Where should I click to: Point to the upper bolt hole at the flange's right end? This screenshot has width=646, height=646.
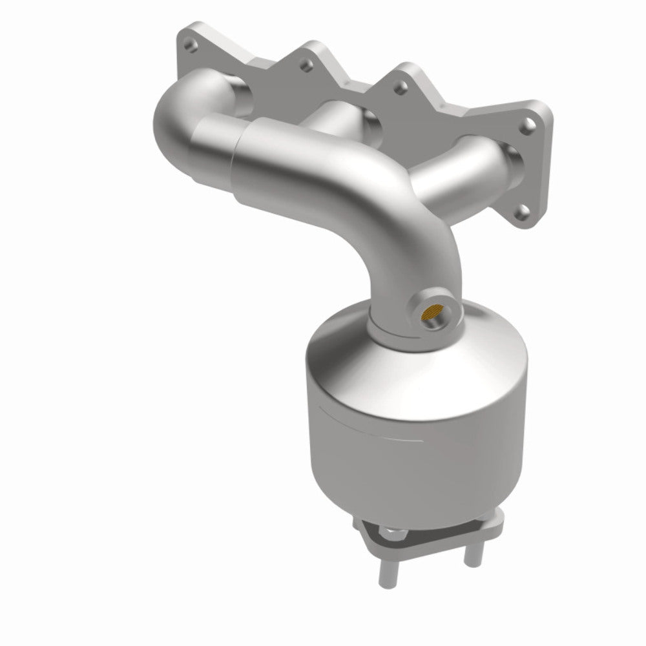[x=529, y=122]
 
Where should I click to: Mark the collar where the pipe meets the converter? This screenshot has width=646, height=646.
[x=388, y=326]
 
